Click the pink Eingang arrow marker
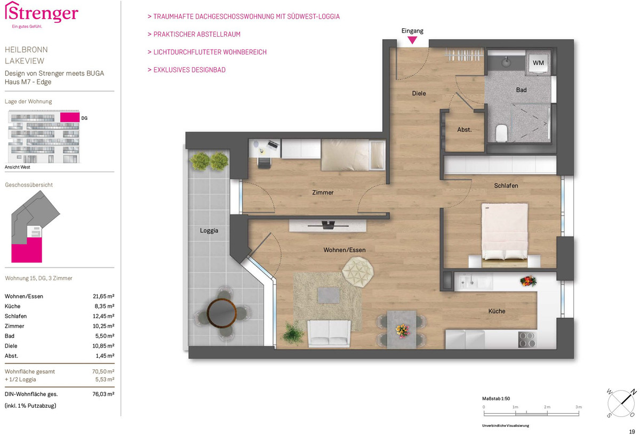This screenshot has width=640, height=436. pyautogui.click(x=412, y=40)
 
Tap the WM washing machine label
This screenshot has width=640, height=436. pyautogui.click(x=538, y=62)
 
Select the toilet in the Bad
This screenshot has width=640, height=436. pyautogui.click(x=501, y=133)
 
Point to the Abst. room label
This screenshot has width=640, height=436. pyautogui.click(x=465, y=130)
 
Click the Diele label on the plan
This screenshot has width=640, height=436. pyautogui.click(x=419, y=93)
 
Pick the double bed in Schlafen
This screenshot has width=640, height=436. pyautogui.click(x=505, y=235)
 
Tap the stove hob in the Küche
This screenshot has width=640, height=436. pyautogui.click(x=527, y=340)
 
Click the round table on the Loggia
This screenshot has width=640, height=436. pyautogui.click(x=221, y=312)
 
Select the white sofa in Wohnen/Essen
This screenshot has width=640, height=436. pyautogui.click(x=329, y=333)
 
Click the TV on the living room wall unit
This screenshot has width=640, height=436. pyautogui.click(x=328, y=225)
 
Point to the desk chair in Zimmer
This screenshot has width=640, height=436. pyautogui.click(x=265, y=163)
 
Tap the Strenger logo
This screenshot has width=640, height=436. pyautogui.click(x=42, y=14)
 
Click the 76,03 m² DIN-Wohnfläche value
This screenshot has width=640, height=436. pyautogui.click(x=103, y=394)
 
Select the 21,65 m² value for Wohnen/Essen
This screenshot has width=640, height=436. pyautogui.click(x=103, y=296)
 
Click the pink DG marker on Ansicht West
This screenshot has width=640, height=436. pyautogui.click(x=70, y=117)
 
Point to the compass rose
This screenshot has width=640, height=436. pyautogui.click(x=621, y=403)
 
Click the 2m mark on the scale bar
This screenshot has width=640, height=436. pyautogui.click(x=547, y=413)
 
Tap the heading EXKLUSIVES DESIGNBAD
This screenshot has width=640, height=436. pyautogui.click(x=189, y=70)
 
